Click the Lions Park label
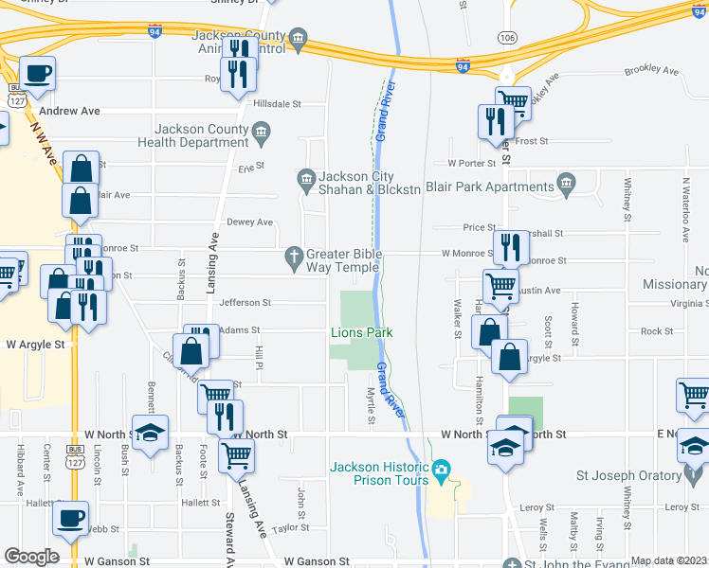[x=361, y=332]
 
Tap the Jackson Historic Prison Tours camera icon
[x=441, y=469]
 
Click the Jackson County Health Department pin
[x=262, y=132]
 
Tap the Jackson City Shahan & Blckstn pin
[x=306, y=177]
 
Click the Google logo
[x=31, y=557]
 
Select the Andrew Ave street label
[x=69, y=111]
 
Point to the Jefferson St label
[x=245, y=303]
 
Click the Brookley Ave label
[x=652, y=71]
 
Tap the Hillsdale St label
[x=276, y=103]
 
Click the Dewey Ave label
[x=249, y=222]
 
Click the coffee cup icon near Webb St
[x=70, y=519]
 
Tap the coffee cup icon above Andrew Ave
[x=38, y=74]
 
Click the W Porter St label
[x=472, y=163]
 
